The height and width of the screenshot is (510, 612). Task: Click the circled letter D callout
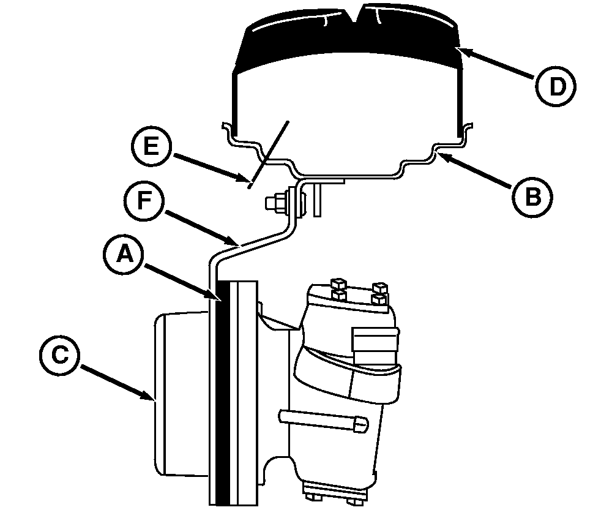tap(556, 86)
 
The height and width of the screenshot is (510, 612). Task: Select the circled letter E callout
tap(151, 146)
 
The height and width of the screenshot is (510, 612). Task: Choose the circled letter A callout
tap(124, 255)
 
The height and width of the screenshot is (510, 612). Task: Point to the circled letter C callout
tap(59, 356)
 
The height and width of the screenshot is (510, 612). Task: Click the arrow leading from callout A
tap(184, 283)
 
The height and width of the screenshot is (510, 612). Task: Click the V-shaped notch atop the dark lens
tap(354, 13)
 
